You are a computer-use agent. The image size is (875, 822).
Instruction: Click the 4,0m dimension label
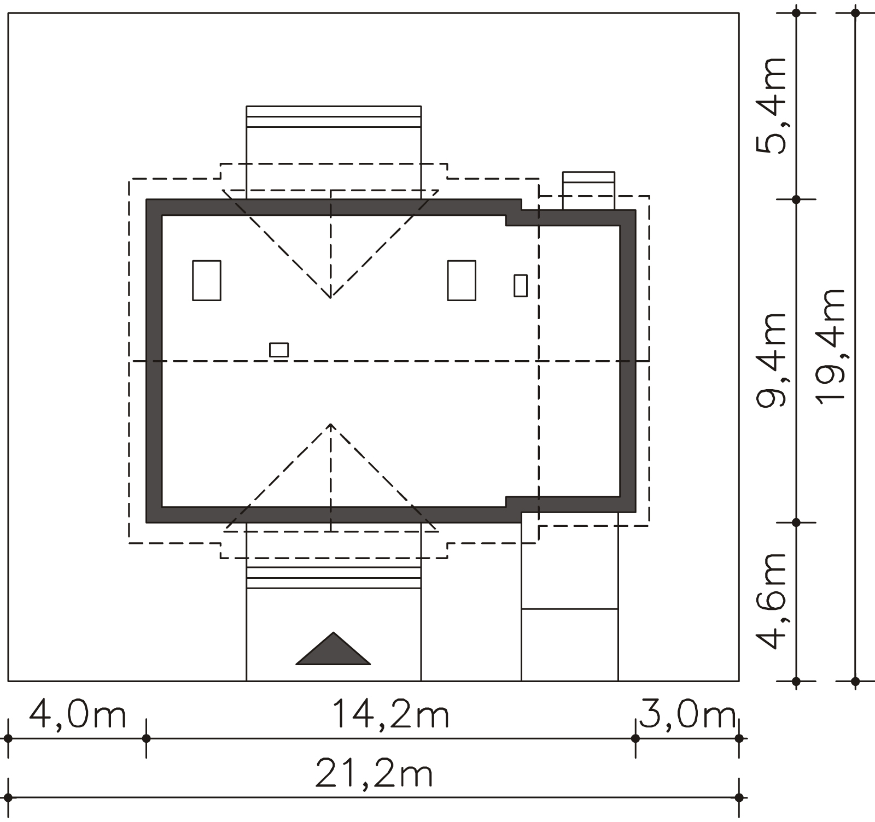[77, 715]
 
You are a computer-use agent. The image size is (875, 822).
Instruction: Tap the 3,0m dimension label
[687, 715]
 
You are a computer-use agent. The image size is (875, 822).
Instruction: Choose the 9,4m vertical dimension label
[772, 360]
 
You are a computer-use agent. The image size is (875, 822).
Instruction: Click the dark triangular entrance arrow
[333, 649]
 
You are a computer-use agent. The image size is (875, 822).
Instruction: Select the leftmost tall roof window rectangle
[207, 280]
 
